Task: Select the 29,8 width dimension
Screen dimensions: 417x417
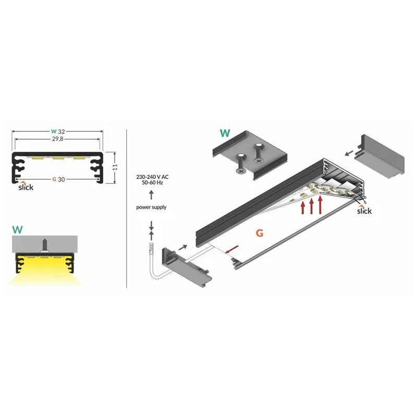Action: click(58, 140)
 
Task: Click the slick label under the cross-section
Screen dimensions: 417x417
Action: click(25, 187)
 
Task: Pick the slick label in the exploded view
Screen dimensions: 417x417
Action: click(364, 211)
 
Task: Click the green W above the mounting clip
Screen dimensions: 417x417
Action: click(225, 132)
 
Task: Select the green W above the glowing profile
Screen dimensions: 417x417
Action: click(17, 228)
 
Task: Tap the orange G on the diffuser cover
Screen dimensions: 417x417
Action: click(258, 232)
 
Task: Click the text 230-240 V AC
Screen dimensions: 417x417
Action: click(151, 177)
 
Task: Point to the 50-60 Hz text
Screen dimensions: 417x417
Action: click(151, 184)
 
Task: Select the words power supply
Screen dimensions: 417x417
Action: click(151, 207)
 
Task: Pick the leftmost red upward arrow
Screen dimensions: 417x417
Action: click(303, 207)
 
